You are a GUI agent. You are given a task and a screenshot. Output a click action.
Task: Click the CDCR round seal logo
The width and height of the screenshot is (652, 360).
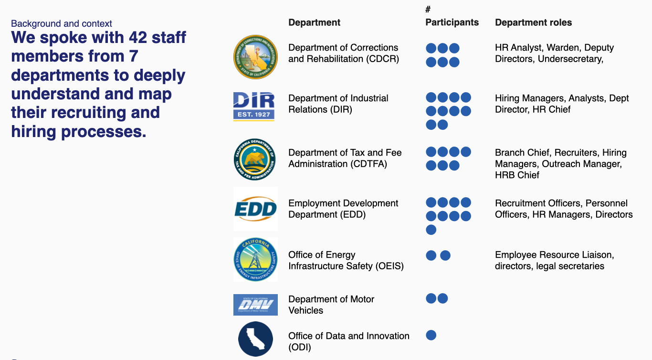tap(255, 57)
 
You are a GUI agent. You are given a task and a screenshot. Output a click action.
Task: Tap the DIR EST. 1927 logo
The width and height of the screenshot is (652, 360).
tap(254, 106)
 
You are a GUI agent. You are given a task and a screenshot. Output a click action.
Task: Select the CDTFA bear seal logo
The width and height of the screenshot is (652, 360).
tap(255, 159)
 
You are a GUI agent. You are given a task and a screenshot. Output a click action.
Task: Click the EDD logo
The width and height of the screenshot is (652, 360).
tap(256, 209)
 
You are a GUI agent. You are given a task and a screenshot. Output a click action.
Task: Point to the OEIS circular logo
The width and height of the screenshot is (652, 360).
tap(255, 260)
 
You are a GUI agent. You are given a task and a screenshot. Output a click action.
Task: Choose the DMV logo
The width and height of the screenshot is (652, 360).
tap(255, 305)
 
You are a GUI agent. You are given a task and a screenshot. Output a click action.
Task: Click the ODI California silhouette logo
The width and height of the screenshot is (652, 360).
tap(255, 339)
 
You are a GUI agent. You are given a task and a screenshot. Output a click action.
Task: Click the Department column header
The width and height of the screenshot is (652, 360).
tap(315, 22)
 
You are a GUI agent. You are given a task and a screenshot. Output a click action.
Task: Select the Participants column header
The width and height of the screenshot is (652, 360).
tap(452, 22)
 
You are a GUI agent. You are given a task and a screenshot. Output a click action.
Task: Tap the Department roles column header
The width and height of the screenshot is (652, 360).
tap(533, 22)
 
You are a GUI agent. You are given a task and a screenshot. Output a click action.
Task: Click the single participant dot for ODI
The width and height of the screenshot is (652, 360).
tap(431, 335)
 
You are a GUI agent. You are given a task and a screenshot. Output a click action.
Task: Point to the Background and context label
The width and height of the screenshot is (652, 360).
tap(62, 23)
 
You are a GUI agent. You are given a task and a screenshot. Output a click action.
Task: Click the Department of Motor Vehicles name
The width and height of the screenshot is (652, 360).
tap(331, 305)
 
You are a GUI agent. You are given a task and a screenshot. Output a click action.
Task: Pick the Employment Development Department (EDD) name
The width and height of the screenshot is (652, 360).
tap(343, 209)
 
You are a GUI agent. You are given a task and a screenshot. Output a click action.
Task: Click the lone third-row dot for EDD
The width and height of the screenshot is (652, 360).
tap(431, 230)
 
